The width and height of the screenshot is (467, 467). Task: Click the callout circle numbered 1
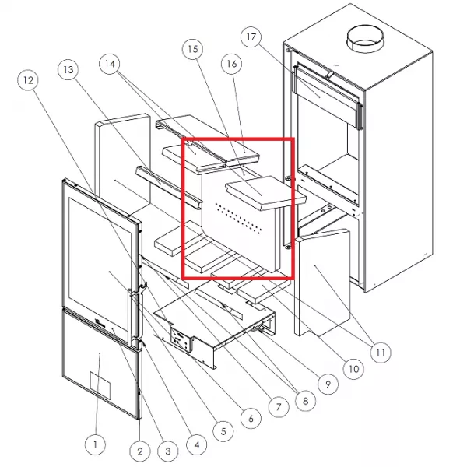tap(95, 444)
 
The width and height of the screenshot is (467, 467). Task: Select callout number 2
tap(140, 451)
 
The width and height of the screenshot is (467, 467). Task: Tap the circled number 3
tap(168, 451)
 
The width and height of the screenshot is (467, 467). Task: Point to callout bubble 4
tap(197, 444)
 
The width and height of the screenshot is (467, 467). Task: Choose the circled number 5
tap(223, 431)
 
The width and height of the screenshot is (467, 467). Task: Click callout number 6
tap(251, 419)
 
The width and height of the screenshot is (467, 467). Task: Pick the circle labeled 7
tap(279, 406)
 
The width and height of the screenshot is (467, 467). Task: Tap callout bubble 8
tap(305, 401)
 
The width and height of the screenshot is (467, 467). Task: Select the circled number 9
tap(328, 384)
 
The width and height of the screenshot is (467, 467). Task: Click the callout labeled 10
tap(353, 369)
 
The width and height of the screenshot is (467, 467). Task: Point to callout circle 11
tap(381, 353)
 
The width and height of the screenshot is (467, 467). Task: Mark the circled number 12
tap(28, 80)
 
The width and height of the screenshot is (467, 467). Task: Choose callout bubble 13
tap(68, 70)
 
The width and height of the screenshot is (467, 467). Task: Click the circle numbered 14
tap(110, 64)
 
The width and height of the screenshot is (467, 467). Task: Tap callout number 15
tap(193, 49)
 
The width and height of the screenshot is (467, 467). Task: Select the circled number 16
tap(231, 64)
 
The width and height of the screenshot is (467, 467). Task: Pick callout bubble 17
tap(251, 37)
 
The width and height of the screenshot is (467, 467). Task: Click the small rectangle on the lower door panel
tap(100, 384)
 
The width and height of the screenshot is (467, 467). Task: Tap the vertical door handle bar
tap(130, 317)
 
